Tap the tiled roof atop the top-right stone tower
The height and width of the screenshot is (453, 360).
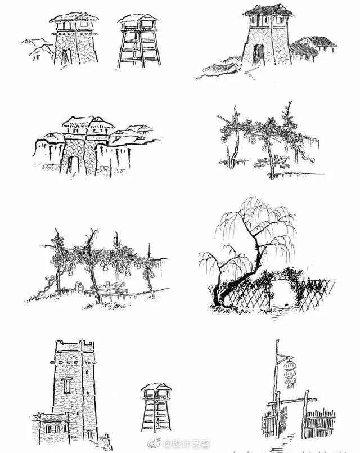point(269,10)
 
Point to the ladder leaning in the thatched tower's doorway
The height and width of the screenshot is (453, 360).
point(66,56)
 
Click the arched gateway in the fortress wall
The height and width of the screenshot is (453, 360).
point(73,165)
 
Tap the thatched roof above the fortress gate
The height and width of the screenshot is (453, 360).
point(88,123)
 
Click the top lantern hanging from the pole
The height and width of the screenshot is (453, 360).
point(290,366)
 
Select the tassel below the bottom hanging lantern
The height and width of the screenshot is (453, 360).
point(290,386)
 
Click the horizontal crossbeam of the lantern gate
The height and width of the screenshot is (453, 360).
point(291,401)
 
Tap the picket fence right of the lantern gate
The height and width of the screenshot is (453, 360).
point(321,423)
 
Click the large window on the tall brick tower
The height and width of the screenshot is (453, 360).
point(67,385)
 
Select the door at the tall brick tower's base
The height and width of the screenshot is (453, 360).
point(91,434)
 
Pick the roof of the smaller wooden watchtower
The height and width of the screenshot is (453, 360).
point(156,387)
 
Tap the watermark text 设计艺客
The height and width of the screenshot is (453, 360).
point(187,443)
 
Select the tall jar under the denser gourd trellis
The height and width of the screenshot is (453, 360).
point(78,287)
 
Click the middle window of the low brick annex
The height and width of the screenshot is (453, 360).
point(56,429)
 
